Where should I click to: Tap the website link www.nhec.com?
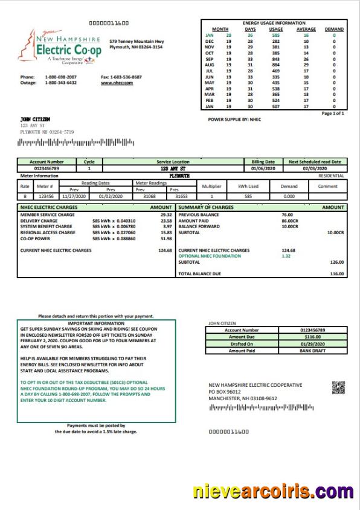(117, 83)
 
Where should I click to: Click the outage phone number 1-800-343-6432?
(60, 83)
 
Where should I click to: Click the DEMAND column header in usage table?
(334, 29)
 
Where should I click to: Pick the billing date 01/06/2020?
(263, 168)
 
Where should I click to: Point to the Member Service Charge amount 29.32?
(166, 214)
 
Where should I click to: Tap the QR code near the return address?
(338, 387)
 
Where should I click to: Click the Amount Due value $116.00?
(317, 337)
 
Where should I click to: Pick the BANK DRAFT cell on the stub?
(317, 351)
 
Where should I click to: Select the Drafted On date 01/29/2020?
(317, 344)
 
